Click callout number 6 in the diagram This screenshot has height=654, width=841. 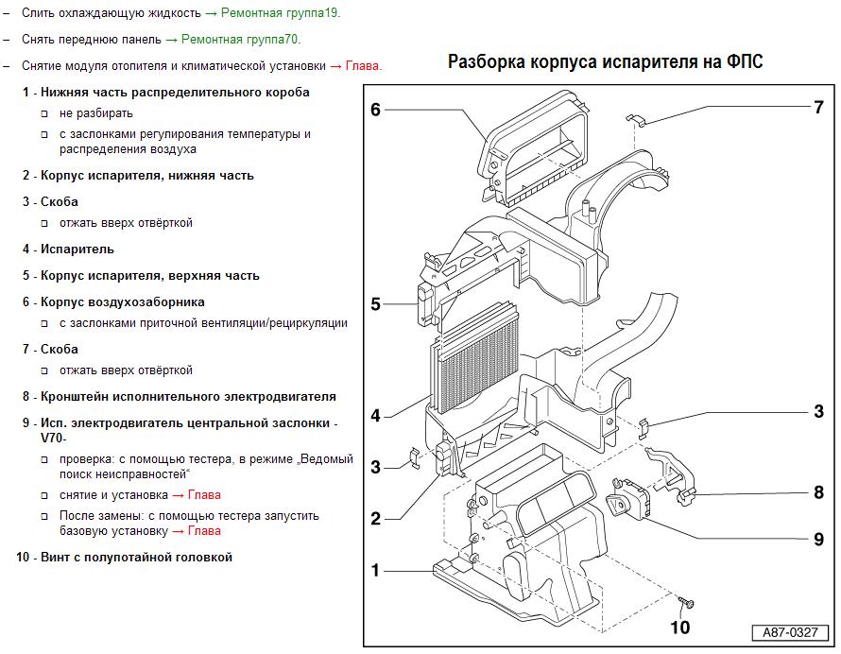point(375,110)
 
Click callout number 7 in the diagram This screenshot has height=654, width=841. point(818,108)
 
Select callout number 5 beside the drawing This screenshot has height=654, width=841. point(375,304)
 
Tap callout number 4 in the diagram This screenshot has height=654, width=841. point(375,415)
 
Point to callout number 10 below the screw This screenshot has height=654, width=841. point(680,628)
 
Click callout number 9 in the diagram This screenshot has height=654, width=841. point(818,539)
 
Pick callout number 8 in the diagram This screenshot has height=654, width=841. point(818,492)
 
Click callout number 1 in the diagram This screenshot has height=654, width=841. point(375,570)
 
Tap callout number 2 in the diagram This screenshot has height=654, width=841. point(375,518)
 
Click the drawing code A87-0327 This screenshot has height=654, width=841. point(790,632)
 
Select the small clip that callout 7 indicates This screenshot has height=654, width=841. point(636,119)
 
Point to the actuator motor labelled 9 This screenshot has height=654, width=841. point(627,499)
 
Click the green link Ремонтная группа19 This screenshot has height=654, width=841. point(281,13)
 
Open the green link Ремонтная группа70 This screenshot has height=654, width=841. point(241,39)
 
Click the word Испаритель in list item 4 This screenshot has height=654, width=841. point(77,249)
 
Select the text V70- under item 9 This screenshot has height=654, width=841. point(54,438)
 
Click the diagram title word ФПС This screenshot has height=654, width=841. point(745,61)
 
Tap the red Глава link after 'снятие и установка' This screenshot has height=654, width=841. point(204,494)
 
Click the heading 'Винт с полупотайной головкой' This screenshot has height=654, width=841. point(136,557)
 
